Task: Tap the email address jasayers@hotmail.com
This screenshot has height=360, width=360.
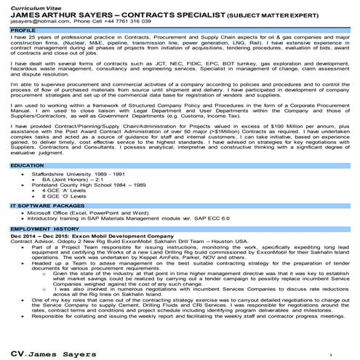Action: [x=37, y=21]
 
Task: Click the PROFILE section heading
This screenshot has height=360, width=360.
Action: [x=23, y=31]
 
